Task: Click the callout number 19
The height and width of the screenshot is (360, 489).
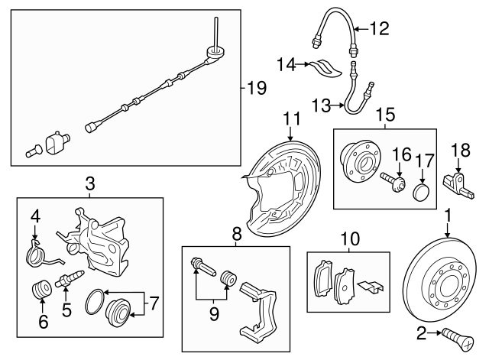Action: pyautogui.click(x=257, y=88)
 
